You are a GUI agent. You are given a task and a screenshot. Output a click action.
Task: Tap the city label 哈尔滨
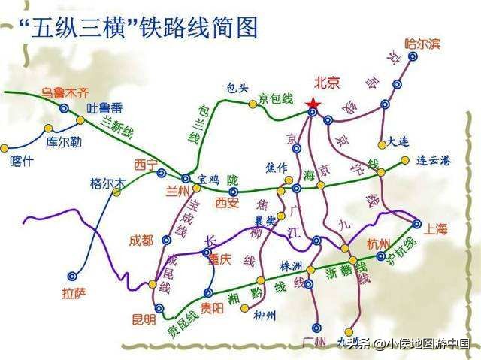(421, 44)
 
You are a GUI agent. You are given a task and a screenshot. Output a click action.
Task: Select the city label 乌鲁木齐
(65, 92)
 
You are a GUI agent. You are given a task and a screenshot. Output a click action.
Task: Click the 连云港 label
(435, 161)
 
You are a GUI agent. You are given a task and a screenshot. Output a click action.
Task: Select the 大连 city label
(399, 141)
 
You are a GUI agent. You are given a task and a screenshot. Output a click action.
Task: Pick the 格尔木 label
(106, 183)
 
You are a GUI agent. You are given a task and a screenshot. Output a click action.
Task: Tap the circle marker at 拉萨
(73, 276)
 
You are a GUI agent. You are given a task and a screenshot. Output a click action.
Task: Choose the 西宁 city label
(146, 164)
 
